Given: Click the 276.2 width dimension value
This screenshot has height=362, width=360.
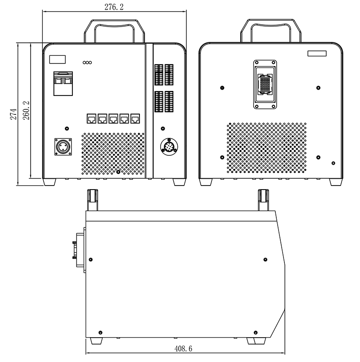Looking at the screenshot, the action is point(114,7).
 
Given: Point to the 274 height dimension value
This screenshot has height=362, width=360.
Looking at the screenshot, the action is point(13,114).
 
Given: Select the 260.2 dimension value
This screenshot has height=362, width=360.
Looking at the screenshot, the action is point(26,111).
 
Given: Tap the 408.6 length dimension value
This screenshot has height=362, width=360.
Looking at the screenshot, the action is point(183,348).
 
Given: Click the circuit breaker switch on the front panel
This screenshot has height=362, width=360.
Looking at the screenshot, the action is point(63,83).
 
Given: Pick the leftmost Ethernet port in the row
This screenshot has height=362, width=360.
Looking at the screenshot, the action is point(92,119).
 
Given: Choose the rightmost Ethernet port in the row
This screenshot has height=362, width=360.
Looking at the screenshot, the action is point(135,119).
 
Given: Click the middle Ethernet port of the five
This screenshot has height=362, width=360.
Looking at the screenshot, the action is point(113,119).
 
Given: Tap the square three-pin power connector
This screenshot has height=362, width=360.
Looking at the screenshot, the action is point(63,147).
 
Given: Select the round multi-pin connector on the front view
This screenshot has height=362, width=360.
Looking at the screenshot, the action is point(169,147).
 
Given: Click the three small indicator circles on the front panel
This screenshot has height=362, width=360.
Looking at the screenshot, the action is point(87,63).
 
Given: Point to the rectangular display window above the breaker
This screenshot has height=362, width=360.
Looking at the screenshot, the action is point(58,59).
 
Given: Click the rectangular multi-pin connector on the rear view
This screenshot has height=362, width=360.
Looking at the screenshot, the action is point(265,85).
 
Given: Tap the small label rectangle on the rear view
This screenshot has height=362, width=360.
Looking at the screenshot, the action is point(317,54).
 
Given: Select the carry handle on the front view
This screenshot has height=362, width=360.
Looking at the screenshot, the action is point(114,31).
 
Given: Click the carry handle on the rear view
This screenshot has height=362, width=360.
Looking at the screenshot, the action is point(271,31).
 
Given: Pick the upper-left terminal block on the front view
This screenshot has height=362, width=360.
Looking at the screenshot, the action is point(159,75).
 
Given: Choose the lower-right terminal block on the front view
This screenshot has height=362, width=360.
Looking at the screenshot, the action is point(169,102).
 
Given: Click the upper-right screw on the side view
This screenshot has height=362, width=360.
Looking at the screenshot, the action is point(265,259).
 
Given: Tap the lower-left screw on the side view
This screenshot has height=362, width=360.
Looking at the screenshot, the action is point(100,333).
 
